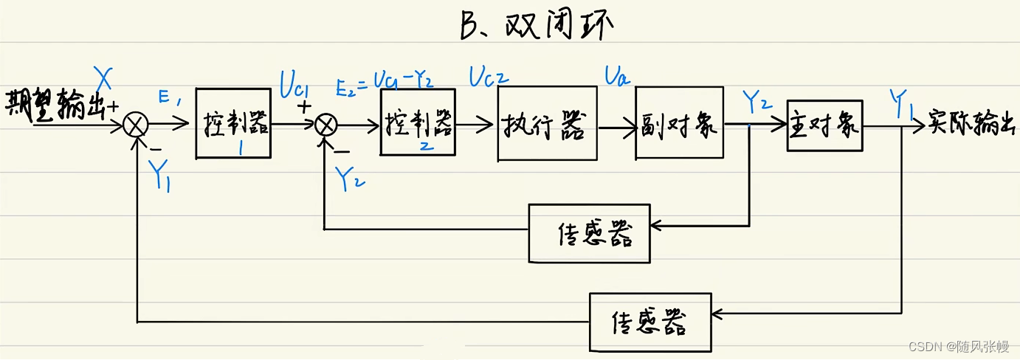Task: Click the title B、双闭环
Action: [x=537, y=27]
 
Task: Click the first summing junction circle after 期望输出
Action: [x=136, y=126]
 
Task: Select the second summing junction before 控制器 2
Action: [x=325, y=126]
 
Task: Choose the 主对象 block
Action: [x=824, y=125]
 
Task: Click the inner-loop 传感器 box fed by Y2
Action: [x=588, y=235]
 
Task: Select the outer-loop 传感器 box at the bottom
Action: [x=650, y=322]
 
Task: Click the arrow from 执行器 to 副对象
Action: [x=616, y=126]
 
